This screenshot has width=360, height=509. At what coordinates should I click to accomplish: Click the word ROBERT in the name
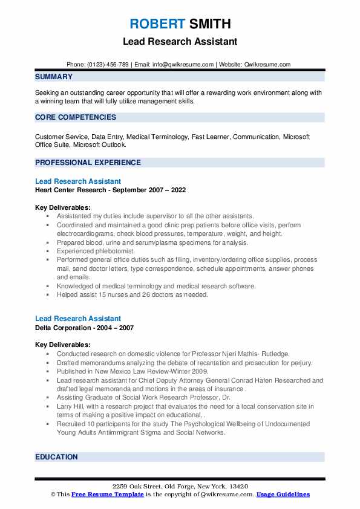[x=157, y=24]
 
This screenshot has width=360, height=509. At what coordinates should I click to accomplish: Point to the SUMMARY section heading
[x=54, y=77]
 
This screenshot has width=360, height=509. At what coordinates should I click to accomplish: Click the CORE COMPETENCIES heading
[x=76, y=117]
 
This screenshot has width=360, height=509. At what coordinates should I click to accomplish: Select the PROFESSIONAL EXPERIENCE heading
[x=88, y=163]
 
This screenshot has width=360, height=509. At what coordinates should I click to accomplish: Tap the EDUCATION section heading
[x=57, y=457]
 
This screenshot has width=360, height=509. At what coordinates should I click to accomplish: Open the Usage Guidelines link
[x=283, y=494]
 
